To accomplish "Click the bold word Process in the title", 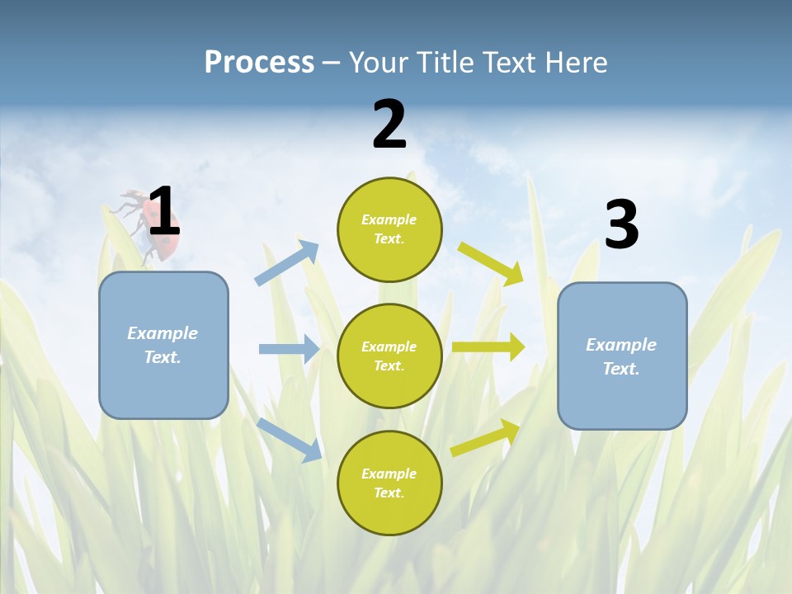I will click(259, 62).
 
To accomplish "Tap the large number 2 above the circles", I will click(389, 125).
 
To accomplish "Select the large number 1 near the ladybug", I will click(163, 211).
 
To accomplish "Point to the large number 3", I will click(621, 225).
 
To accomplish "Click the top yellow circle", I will click(389, 229).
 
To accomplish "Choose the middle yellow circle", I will click(389, 356).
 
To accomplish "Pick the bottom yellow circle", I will click(389, 483).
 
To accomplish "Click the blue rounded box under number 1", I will click(163, 345).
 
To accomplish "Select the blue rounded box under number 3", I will click(622, 356).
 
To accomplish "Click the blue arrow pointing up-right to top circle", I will click(287, 263).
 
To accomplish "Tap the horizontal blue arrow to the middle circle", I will click(289, 349).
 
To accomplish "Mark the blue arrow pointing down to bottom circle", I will click(289, 439).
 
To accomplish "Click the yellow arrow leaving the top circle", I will click(491, 263).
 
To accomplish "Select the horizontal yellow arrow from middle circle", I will click(488, 347).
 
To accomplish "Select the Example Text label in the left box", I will click(163, 345).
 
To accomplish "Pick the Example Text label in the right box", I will click(621, 356).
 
